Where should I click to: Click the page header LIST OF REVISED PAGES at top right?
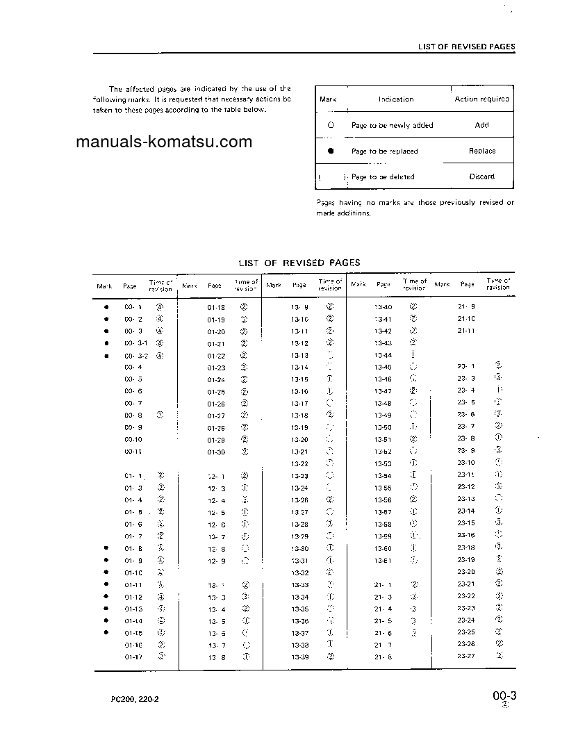[x=466, y=47]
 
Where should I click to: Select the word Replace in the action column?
[x=481, y=151]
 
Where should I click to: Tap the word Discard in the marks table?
[x=481, y=176]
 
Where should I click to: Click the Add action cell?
[x=481, y=125]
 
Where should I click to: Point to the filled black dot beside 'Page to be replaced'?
[x=331, y=151]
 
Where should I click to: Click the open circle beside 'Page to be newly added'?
[x=331, y=125]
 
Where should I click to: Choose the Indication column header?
[x=396, y=99]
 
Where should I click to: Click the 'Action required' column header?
[x=481, y=99]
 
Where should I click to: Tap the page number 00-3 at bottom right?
[x=506, y=696]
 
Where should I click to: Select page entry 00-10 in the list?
[x=133, y=440]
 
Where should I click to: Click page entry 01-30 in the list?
[x=216, y=452]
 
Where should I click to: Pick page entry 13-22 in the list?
[x=299, y=464]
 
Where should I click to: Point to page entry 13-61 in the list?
[x=383, y=561]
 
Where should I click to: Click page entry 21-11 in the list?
[x=466, y=331]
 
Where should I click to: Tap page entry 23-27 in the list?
[x=465, y=657]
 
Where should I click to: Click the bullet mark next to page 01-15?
[x=106, y=632]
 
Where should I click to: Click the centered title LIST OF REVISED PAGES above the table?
[x=299, y=263]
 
